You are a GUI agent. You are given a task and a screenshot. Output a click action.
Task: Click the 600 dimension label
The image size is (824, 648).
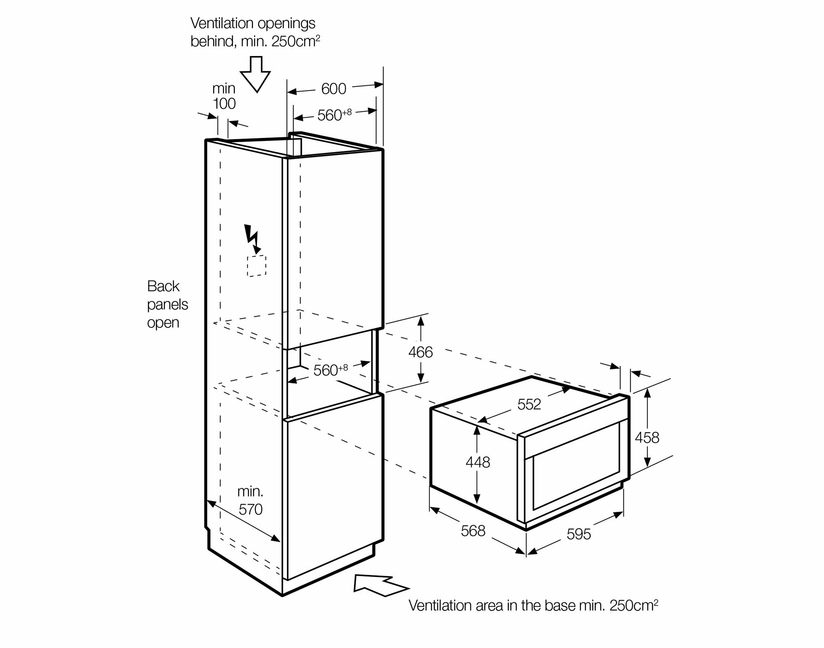point(334,89)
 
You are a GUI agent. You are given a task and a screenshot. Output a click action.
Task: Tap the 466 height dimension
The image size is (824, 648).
point(421,352)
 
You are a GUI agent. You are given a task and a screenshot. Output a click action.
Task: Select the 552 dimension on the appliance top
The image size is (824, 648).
point(529,404)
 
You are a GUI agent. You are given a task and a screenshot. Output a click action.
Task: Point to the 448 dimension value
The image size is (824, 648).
point(478,462)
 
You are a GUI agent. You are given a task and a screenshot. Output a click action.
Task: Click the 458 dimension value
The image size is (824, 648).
point(647,437)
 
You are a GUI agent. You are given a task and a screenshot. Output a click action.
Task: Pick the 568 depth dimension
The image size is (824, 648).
point(473,531)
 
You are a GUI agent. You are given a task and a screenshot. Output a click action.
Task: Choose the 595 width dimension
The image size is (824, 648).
point(579,534)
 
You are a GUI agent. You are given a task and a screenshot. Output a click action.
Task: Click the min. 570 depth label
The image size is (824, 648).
point(250,501)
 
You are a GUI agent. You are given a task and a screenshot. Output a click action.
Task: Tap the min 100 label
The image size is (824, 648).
point(224,96)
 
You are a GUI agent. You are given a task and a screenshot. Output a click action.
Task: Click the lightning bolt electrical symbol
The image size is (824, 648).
point(252,239)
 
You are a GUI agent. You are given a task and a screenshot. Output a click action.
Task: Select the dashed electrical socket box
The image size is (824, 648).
point(256,266)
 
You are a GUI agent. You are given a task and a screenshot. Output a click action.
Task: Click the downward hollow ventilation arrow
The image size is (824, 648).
point(255,75)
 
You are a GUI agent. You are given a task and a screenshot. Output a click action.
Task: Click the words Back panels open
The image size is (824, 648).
point(167,304)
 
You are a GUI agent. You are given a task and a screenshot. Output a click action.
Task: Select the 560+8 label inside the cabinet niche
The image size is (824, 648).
point(331,370)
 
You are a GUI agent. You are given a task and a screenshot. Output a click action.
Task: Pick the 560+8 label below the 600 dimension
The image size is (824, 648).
point(335,115)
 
